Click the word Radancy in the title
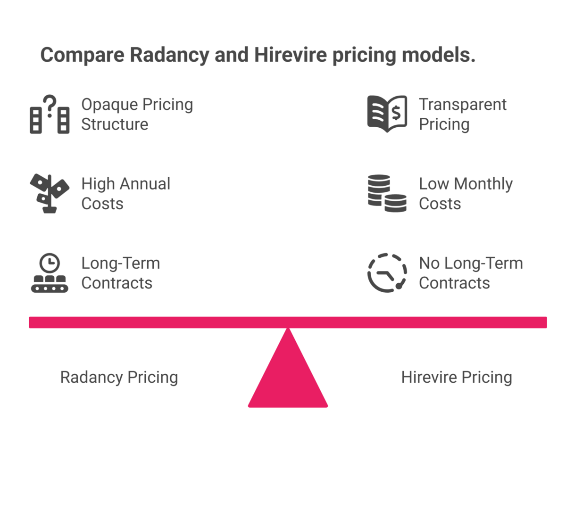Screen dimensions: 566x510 (x=169, y=55)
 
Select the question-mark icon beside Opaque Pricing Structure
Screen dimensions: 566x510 (x=50, y=114)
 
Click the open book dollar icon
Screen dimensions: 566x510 (x=387, y=114)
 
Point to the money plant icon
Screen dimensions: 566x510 (x=50, y=194)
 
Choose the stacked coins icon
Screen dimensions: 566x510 (x=387, y=193)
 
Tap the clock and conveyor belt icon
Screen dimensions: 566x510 (x=50, y=273)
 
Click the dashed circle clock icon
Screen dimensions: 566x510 (x=387, y=273)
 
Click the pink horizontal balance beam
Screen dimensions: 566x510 (x=288, y=322)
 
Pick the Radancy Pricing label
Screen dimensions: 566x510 (x=119, y=378)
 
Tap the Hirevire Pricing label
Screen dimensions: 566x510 (x=457, y=378)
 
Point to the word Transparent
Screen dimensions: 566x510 (x=463, y=105)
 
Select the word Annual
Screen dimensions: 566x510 (x=145, y=184)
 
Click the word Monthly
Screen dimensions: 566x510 (x=483, y=184)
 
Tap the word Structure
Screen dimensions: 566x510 (x=115, y=124)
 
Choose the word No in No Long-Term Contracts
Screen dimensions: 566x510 (x=429, y=263)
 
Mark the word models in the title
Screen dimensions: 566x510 (x=439, y=55)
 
